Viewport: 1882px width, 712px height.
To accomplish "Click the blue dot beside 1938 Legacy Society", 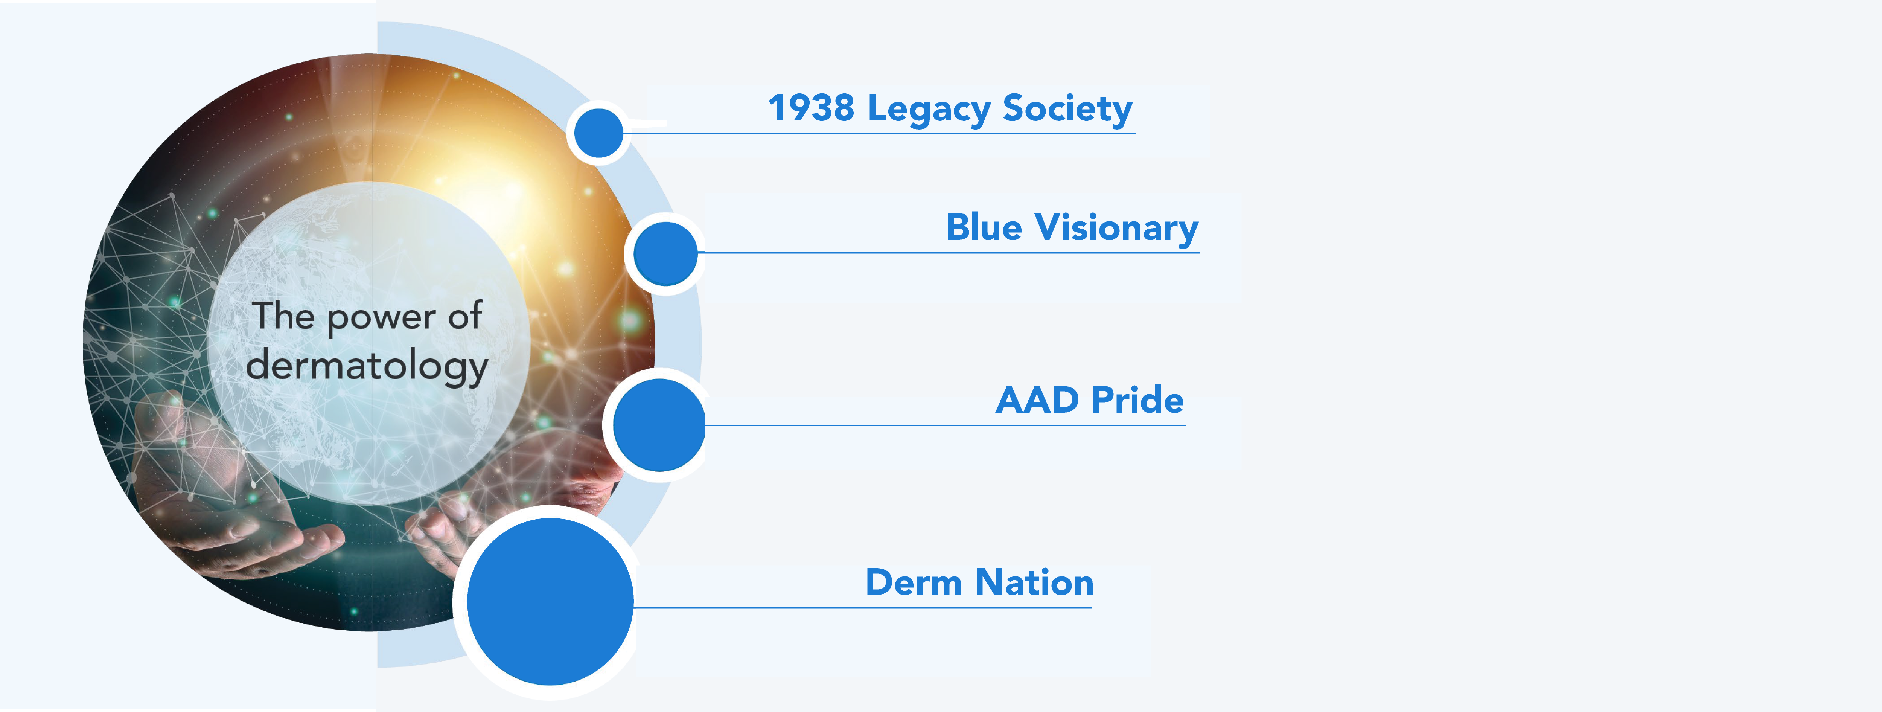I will click(x=598, y=132).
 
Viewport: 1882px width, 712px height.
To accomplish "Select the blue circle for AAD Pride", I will click(x=659, y=425).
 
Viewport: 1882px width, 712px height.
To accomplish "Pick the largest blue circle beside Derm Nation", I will click(x=550, y=602).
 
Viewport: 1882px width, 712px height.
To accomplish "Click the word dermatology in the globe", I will click(x=367, y=366).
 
